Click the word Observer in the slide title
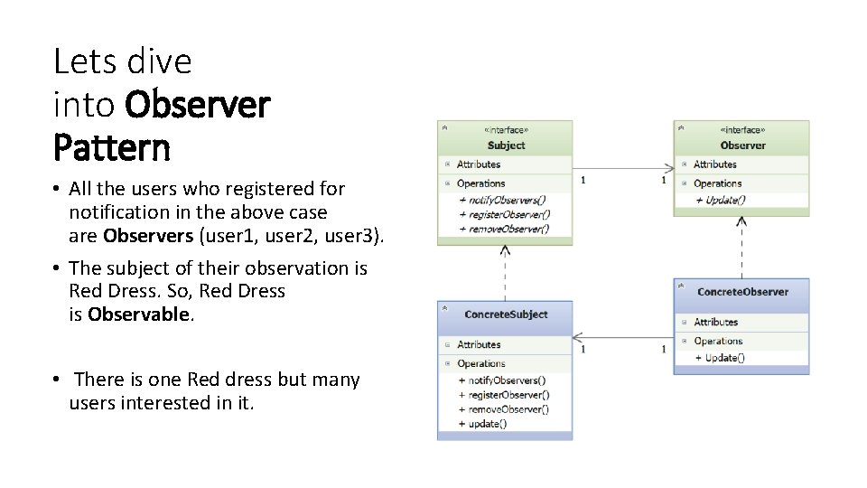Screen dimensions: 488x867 197,105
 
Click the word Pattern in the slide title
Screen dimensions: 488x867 111,146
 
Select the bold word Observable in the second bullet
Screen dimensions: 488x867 139,314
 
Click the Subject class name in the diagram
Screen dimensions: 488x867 506,145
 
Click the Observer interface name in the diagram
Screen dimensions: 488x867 742,145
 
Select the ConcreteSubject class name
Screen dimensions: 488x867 506,314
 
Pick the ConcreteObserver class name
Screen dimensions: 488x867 742,292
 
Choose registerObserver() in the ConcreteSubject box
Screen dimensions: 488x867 508,395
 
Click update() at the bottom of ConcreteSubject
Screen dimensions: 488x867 488,424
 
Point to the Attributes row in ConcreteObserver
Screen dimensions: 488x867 715,322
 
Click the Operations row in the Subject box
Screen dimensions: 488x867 480,183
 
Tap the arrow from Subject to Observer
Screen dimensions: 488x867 623,168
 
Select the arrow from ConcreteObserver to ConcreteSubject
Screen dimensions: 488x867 623,338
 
